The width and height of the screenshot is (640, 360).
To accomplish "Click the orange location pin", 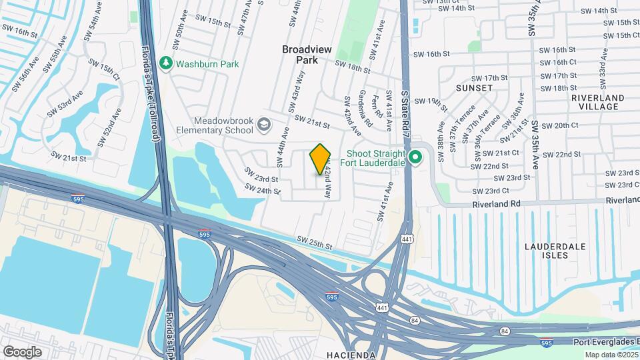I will [321, 158].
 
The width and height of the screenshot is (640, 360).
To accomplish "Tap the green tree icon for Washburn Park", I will [167, 64].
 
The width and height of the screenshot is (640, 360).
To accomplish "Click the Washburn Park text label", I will [207, 65].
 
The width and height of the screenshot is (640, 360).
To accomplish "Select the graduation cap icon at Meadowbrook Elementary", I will [264, 125].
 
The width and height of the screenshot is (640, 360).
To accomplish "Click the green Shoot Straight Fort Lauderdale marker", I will [415, 158].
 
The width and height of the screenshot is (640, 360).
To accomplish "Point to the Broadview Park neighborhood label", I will [307, 54].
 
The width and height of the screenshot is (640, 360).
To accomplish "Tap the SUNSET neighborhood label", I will [474, 87].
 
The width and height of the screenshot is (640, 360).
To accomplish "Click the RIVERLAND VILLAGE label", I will [598, 102].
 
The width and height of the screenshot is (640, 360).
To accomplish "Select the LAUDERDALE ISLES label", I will [555, 251].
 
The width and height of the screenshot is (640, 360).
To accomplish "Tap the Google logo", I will [22, 351].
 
